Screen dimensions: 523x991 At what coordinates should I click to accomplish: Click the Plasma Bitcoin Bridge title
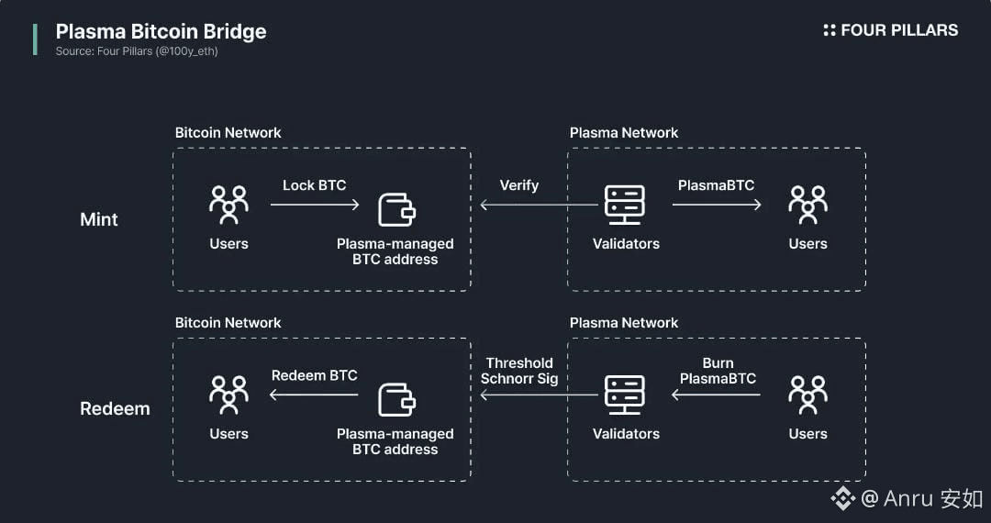tap(161, 31)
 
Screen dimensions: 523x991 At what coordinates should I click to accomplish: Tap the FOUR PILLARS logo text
tap(898, 30)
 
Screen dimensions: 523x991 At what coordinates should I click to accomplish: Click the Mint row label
tap(99, 219)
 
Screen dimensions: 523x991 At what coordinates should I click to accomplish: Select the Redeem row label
tap(115, 408)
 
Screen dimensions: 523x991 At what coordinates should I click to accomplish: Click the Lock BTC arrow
tap(315, 205)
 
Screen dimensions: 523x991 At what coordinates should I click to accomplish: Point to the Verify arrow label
tap(518, 185)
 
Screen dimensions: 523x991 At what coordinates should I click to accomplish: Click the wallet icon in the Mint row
tap(396, 210)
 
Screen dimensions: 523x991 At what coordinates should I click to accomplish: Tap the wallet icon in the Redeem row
tap(396, 400)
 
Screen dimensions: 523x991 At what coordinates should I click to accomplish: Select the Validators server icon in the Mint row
tap(626, 206)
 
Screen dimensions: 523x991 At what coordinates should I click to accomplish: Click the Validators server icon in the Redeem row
tap(626, 395)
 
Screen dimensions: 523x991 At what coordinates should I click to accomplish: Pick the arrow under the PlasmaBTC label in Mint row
tap(717, 205)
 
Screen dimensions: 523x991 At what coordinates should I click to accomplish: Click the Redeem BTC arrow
tap(314, 395)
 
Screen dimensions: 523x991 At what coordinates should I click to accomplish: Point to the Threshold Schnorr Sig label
tap(519, 371)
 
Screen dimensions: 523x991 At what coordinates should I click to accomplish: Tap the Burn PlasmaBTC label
tap(718, 371)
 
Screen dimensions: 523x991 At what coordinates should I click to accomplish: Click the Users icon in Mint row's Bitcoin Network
tap(228, 206)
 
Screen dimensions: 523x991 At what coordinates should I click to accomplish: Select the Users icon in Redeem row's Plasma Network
tap(807, 395)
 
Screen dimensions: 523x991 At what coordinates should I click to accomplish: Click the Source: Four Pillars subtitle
tap(137, 51)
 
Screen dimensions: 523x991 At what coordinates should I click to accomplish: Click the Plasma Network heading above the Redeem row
tap(624, 323)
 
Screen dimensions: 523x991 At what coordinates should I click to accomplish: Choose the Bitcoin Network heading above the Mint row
tap(228, 133)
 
